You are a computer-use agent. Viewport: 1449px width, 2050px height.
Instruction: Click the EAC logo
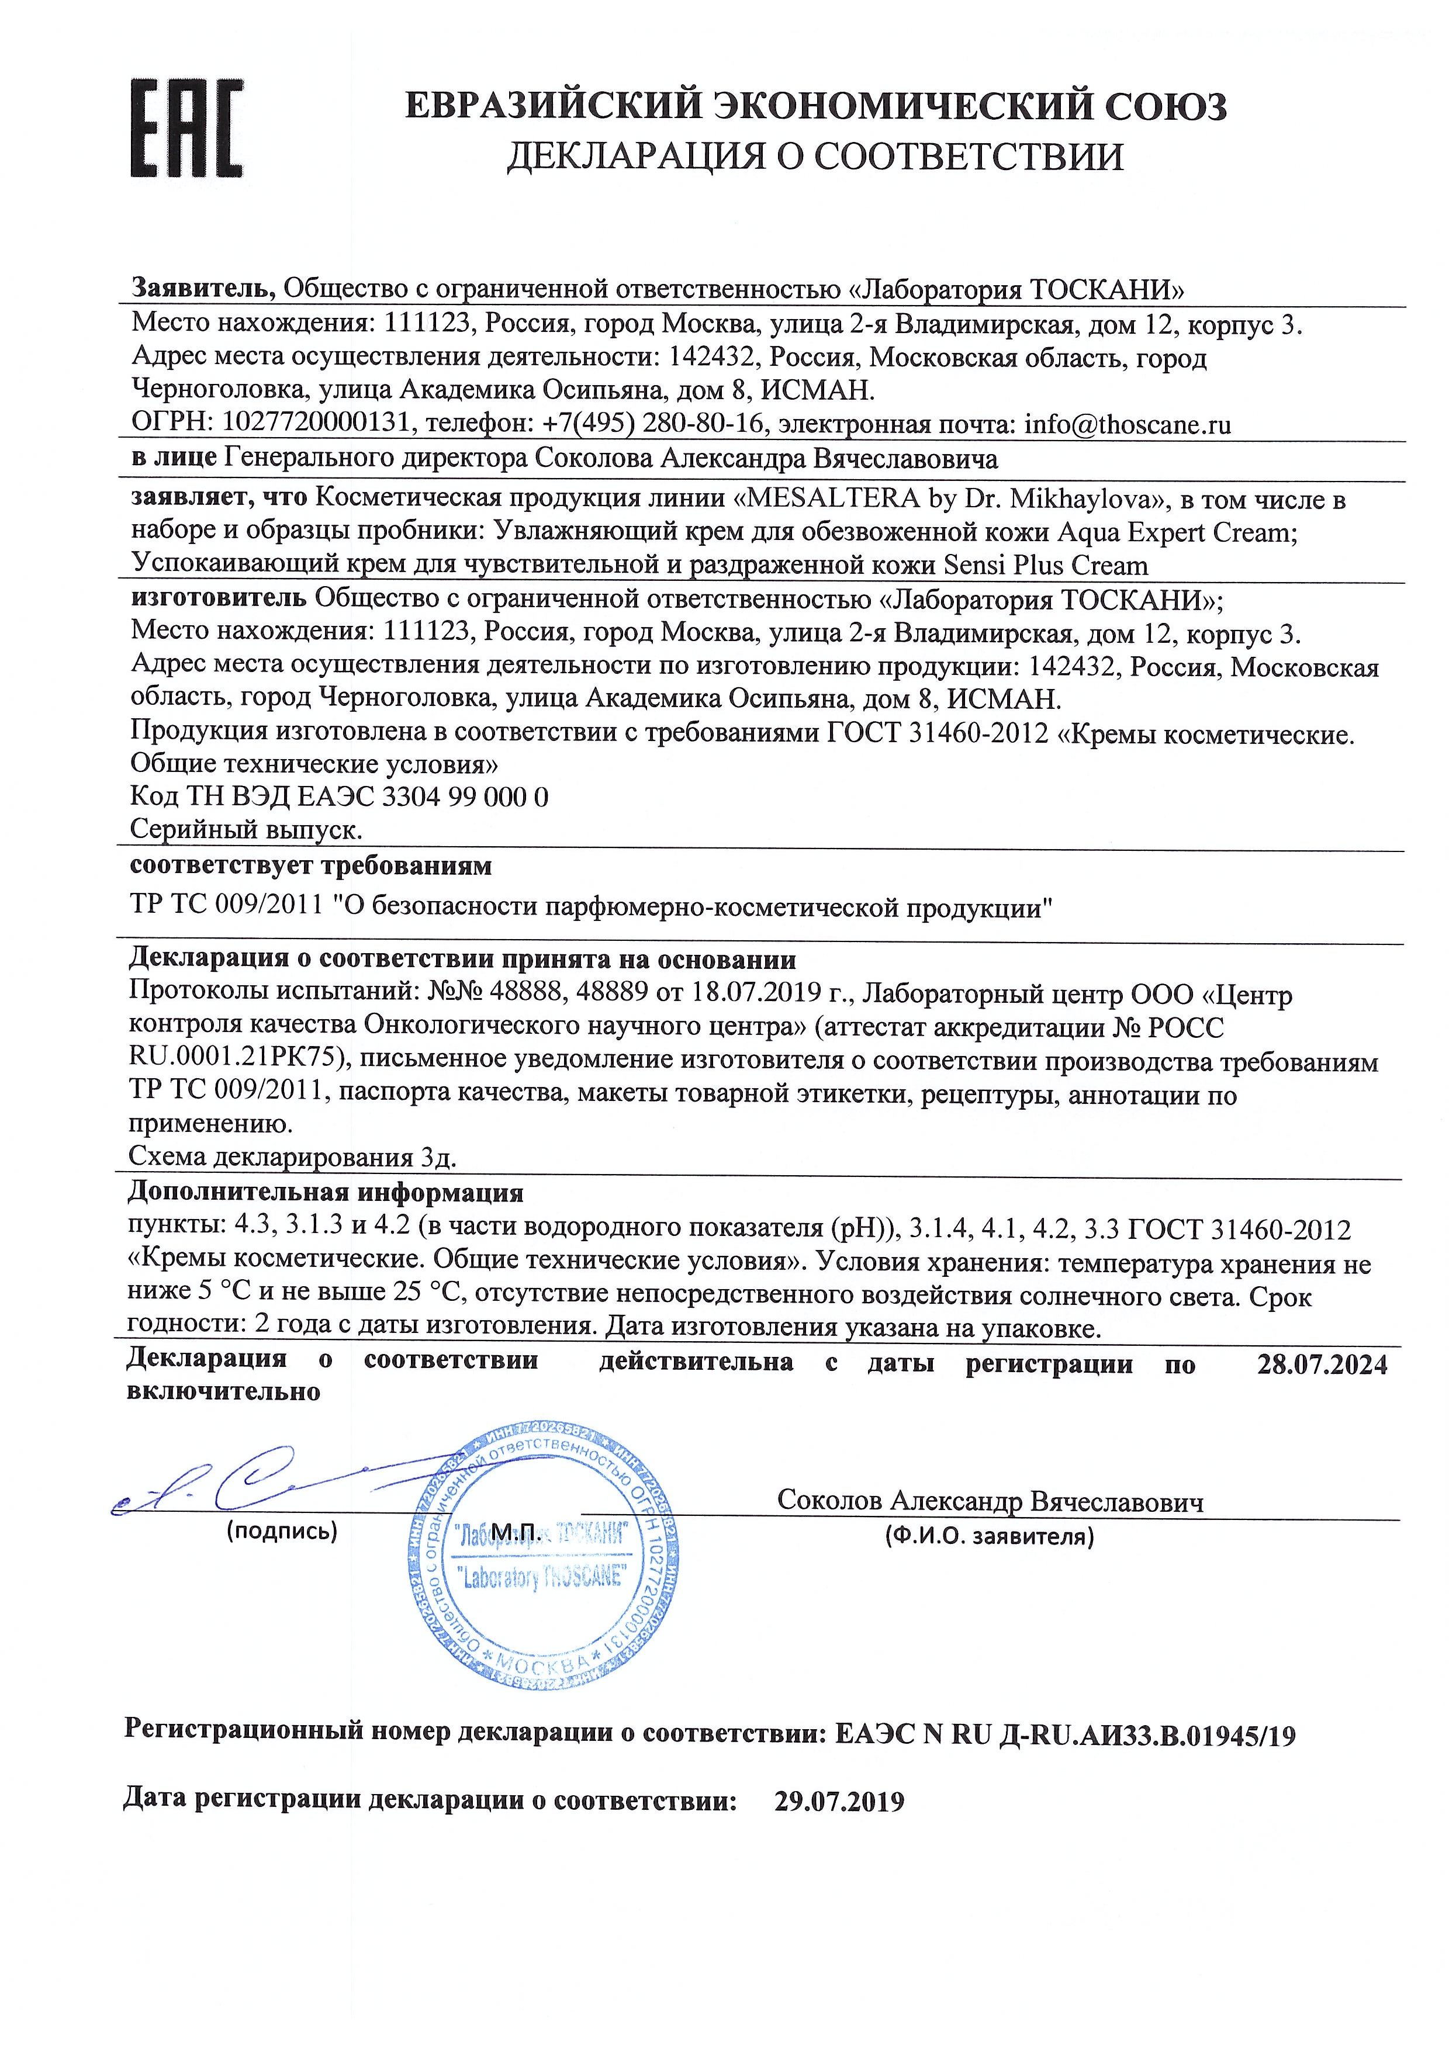pos(186,127)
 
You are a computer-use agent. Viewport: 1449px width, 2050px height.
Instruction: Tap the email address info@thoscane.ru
pos(1127,424)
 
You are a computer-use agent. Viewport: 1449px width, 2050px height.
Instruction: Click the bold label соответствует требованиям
pos(311,865)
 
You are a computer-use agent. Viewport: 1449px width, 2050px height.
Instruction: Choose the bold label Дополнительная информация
pos(326,1192)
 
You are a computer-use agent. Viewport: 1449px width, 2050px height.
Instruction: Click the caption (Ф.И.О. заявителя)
pos(989,1536)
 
